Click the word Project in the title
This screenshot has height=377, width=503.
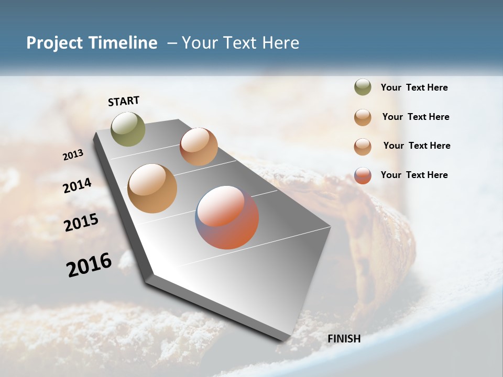tap(55, 43)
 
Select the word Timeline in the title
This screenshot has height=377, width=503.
tap(123, 43)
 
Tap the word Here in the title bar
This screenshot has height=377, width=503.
tap(280, 43)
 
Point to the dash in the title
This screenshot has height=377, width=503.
tap(172, 43)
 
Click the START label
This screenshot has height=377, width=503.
tap(124, 101)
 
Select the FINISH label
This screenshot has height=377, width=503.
tap(344, 339)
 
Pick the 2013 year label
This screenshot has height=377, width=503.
tap(73, 155)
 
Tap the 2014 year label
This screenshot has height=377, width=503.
tap(77, 185)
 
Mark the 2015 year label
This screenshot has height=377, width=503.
tap(81, 223)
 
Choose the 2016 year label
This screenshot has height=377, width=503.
tap(89, 265)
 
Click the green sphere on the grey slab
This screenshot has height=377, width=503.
tap(128, 129)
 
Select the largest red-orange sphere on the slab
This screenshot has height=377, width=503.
tap(227, 217)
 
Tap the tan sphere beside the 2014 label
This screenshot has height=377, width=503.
tap(152, 188)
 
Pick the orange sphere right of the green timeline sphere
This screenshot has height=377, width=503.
tap(199, 147)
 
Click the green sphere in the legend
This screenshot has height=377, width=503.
tap(363, 87)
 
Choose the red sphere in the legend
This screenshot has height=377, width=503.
tap(363, 175)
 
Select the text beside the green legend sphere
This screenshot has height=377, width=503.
tap(414, 88)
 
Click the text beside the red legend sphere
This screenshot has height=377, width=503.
tap(414, 175)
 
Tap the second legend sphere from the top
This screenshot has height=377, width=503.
tap(363, 117)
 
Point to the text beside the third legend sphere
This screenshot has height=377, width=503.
tap(417, 146)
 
